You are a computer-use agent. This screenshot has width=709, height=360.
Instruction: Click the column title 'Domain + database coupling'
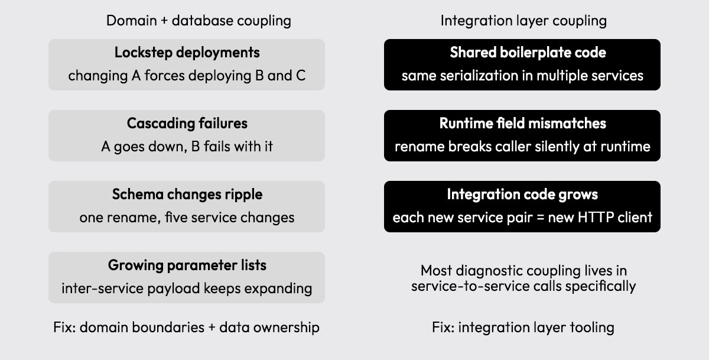199,21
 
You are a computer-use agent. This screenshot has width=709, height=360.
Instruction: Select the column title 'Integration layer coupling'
523,21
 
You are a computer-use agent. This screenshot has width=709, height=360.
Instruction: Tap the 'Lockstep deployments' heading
187,53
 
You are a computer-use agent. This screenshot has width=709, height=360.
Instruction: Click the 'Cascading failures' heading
187,123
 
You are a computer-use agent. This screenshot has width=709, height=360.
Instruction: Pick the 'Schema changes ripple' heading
187,194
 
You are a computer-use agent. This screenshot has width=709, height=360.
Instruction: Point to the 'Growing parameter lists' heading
187,265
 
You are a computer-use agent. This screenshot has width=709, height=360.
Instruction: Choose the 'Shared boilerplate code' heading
528,53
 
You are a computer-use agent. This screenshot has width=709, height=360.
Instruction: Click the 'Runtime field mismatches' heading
522,123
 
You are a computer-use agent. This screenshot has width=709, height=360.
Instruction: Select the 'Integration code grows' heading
522,194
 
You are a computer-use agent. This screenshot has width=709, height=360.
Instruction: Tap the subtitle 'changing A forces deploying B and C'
187,76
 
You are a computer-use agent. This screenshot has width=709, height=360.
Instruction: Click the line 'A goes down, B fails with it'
187,147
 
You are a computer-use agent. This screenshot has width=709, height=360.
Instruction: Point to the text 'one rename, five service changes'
187,218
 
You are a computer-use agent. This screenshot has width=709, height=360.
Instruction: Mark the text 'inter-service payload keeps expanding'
187,288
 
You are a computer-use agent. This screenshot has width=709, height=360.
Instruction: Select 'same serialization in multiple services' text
522,76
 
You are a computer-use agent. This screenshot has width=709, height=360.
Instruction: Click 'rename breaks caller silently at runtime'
522,147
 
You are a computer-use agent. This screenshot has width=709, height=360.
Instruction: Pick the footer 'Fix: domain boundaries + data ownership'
186,327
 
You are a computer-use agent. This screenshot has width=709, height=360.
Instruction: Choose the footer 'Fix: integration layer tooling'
523,327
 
